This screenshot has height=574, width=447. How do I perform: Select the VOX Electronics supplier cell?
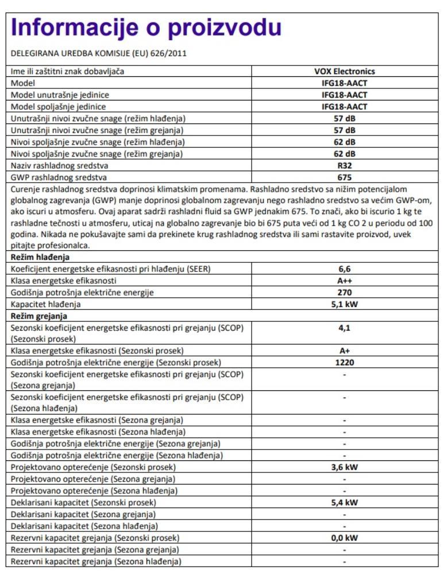(x=344, y=72)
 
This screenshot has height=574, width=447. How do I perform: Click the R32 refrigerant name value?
(x=344, y=165)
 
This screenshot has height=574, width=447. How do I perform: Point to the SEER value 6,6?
(x=344, y=269)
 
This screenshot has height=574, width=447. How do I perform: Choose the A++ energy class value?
(x=344, y=281)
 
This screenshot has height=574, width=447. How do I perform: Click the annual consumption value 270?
(x=344, y=292)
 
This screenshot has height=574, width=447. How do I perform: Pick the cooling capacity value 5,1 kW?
(x=344, y=304)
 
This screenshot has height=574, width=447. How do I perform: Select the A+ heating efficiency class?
(x=344, y=351)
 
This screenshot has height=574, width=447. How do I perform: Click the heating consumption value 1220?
(x=344, y=362)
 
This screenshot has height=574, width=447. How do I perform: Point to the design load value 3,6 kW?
(x=344, y=467)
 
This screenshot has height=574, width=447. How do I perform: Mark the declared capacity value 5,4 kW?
(x=344, y=502)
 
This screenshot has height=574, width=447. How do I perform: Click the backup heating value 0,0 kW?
(x=344, y=538)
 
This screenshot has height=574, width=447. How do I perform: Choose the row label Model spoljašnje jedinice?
(x=59, y=107)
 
